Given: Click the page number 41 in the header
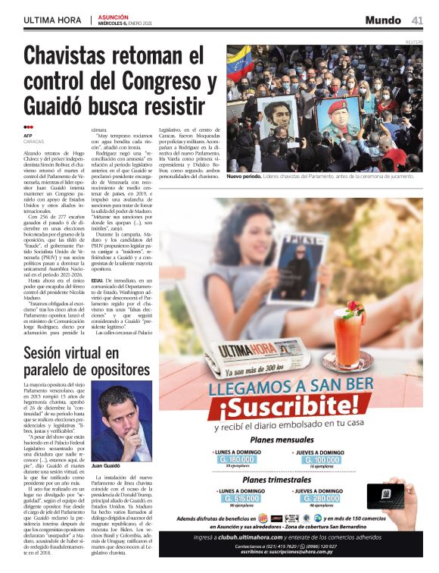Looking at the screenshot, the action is pos(417,20).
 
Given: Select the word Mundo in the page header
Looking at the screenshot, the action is pos(383,20).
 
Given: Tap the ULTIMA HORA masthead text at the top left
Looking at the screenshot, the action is pos(53,20).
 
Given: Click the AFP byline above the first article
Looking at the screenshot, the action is pos(28,135).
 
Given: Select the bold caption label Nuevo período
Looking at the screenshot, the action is pos(245,176).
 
